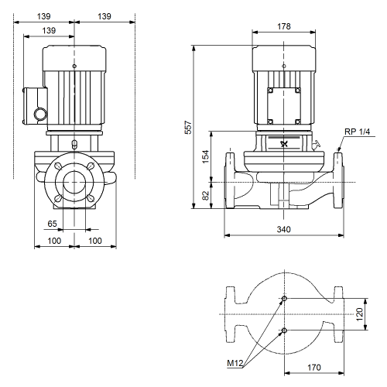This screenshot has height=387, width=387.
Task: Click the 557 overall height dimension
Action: (189, 127)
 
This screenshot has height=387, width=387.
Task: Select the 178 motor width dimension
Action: (284, 26)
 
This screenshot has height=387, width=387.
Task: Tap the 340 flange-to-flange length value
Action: (284, 229)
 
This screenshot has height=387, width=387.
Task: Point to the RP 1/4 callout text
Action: (357, 132)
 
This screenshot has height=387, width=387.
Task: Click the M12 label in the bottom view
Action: (235, 363)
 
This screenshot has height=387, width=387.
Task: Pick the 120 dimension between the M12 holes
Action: (359, 314)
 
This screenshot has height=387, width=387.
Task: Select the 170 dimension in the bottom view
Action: (314, 367)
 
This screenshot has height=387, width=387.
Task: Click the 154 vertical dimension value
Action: (205, 156)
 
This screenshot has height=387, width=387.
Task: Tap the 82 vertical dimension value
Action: (205, 195)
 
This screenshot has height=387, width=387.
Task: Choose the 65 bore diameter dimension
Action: (52, 224)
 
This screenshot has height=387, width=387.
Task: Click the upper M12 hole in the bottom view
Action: (284, 299)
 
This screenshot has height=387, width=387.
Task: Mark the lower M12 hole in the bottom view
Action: (284, 330)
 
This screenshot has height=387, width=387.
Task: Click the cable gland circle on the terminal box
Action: (41, 114)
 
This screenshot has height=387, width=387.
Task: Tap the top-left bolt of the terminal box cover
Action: (270, 91)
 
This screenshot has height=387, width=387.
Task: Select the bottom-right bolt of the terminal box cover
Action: (297, 122)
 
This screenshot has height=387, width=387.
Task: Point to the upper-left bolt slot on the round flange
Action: (59, 166)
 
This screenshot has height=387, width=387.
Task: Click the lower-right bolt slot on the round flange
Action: (91, 198)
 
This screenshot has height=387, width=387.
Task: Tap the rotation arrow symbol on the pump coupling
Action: (284, 144)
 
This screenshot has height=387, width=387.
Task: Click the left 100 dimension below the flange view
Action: (54, 241)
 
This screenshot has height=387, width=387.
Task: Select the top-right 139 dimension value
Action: (104, 16)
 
